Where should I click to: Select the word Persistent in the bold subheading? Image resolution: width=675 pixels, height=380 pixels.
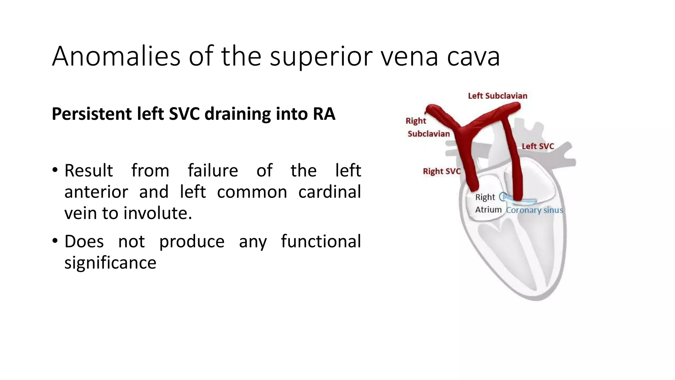point(91,114)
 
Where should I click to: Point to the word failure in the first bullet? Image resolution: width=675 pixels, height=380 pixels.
point(213,171)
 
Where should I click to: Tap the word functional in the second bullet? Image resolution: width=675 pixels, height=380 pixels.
point(321,241)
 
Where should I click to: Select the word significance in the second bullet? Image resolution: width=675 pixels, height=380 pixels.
point(110,263)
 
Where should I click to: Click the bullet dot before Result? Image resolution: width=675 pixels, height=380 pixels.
point(55,170)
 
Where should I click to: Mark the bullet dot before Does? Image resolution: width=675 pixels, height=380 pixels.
point(55,241)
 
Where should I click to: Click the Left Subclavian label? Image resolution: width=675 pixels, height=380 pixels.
point(498,96)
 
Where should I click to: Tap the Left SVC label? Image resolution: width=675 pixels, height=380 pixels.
point(538,146)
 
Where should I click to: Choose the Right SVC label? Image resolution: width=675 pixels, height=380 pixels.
point(442,172)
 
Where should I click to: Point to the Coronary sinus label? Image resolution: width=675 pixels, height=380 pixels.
point(534,210)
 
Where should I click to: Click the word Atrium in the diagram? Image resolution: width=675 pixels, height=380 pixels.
point(488,210)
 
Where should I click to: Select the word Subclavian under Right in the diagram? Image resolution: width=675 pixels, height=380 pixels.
point(428,134)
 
